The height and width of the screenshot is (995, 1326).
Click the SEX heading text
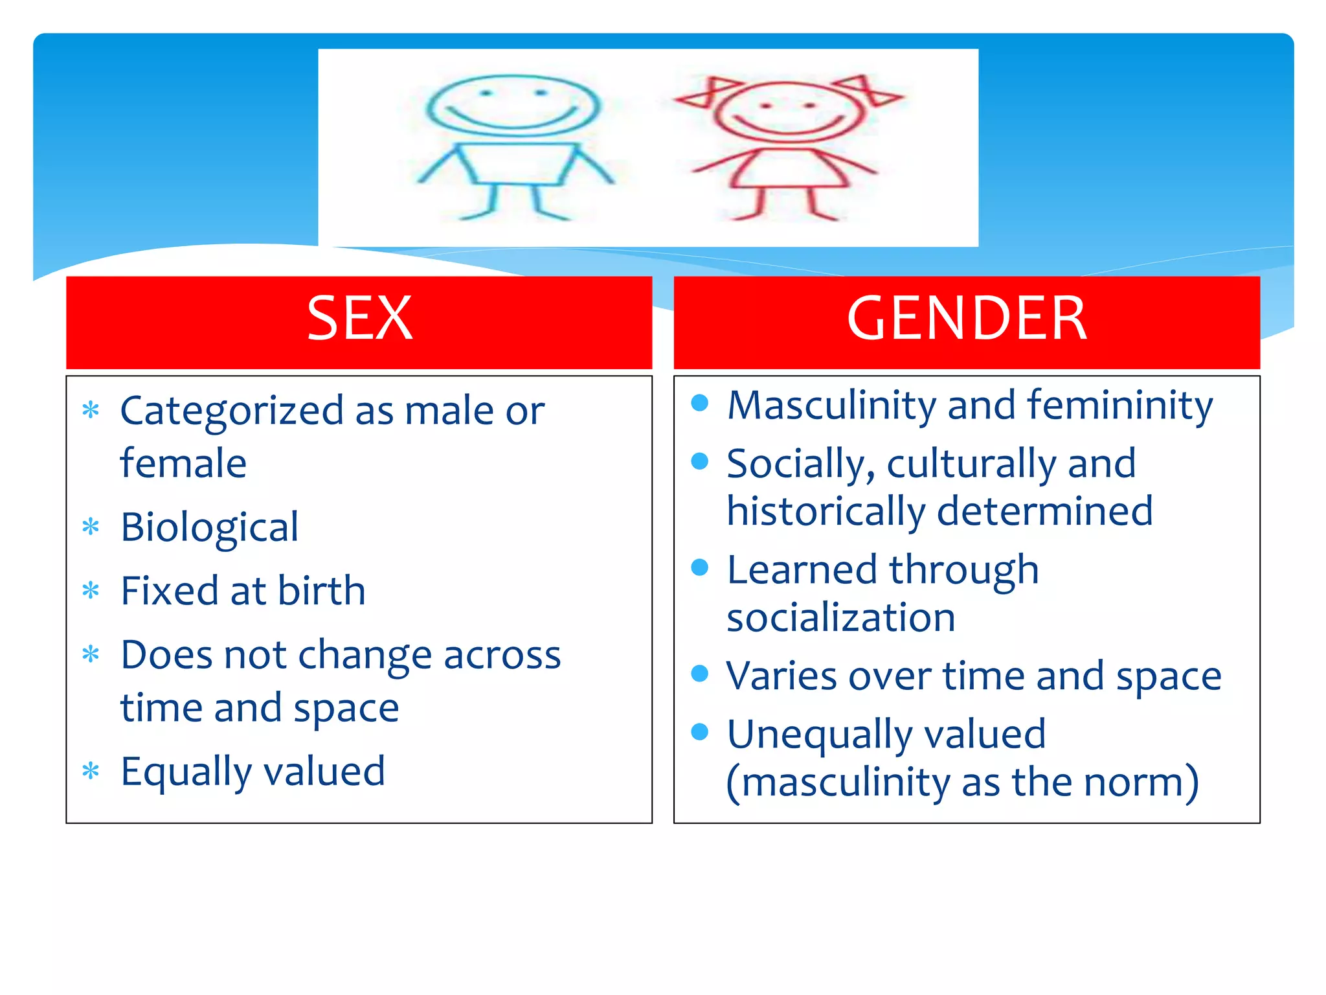coord(359,318)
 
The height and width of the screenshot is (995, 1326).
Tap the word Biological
coord(209,527)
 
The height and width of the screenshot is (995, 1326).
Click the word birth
coord(322,591)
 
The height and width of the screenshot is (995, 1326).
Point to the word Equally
coord(186,772)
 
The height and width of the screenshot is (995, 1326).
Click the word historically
coord(826,512)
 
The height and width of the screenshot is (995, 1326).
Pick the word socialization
coord(840,617)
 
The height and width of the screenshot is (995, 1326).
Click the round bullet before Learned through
coord(700,567)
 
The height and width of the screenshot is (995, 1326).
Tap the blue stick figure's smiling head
coord(513,105)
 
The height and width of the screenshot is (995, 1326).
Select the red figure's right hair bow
coord(868,91)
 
